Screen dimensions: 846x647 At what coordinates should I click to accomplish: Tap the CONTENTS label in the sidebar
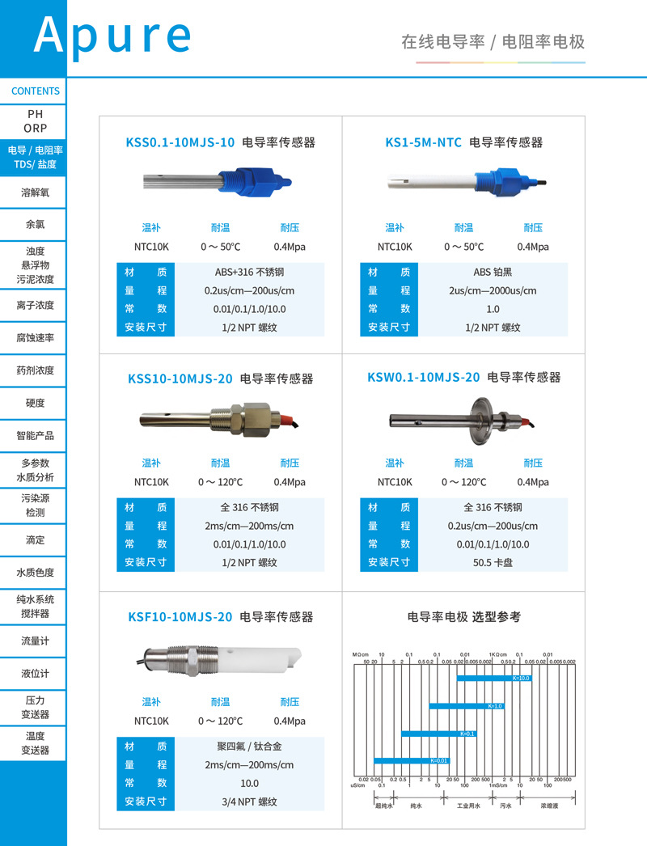click(36, 91)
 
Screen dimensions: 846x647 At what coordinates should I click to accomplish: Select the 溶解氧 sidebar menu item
click(36, 192)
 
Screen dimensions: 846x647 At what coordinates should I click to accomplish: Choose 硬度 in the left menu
click(36, 403)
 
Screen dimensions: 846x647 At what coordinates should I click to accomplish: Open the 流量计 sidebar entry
click(36, 641)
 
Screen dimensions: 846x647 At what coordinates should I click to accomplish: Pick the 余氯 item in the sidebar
click(36, 224)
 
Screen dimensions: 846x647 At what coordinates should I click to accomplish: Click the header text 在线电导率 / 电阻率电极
click(493, 42)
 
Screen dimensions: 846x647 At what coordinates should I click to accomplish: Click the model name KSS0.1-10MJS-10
click(180, 142)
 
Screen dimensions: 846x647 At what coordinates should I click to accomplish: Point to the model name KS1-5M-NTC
click(423, 142)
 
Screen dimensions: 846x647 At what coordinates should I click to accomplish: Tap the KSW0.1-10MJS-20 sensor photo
click(463, 420)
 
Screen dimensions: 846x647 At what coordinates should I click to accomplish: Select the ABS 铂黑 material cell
click(493, 272)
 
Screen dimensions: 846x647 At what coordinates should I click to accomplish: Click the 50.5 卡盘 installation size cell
click(493, 563)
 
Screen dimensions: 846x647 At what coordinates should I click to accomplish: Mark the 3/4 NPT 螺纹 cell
click(249, 802)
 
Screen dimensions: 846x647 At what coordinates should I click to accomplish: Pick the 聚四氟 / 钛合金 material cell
click(249, 746)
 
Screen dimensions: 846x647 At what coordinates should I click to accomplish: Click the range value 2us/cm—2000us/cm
click(493, 290)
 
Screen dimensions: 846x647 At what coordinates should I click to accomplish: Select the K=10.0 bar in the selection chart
click(493, 679)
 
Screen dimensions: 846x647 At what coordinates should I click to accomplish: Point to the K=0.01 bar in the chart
click(410, 760)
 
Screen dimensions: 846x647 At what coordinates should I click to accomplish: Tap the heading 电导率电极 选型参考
click(463, 617)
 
